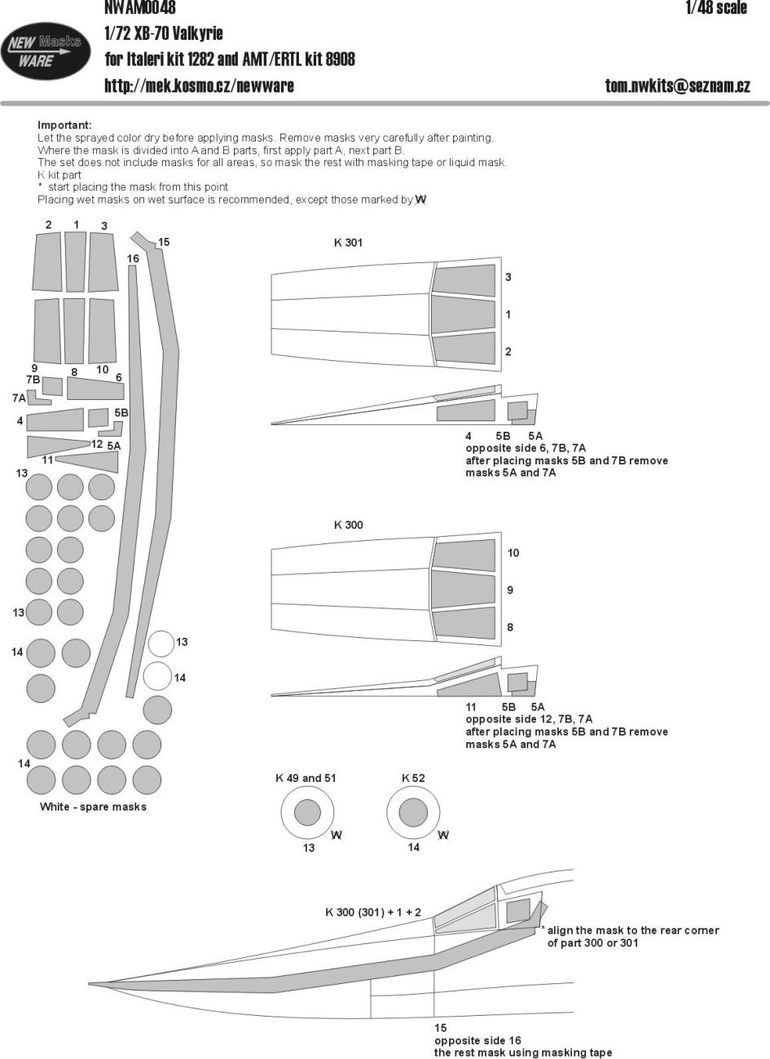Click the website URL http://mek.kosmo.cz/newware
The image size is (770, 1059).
[x=199, y=85]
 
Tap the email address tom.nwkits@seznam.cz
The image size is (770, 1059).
[x=677, y=85]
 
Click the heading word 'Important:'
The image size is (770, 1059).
[x=64, y=125]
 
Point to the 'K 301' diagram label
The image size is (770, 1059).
[x=348, y=243]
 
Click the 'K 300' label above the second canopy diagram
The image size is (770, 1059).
[x=348, y=525]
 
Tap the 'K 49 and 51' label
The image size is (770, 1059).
[x=306, y=778]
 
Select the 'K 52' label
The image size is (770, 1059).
[x=413, y=778]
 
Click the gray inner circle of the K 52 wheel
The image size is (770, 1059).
[x=413, y=813]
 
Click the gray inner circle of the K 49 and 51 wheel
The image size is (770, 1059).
[x=307, y=813]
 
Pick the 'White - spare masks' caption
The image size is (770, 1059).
[x=93, y=806]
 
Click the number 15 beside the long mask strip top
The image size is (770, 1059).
[x=164, y=242]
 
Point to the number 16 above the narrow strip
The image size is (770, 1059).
[x=133, y=258]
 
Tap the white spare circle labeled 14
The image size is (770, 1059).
[x=156, y=676]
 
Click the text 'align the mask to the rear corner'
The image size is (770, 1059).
[x=632, y=930]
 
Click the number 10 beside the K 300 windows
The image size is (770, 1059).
[x=513, y=553]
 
